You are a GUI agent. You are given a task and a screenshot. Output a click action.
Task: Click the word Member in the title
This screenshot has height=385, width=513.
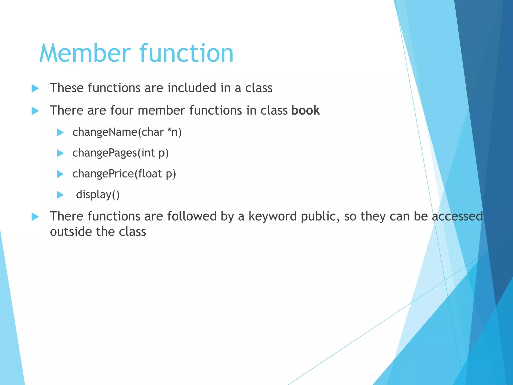pos(85,53)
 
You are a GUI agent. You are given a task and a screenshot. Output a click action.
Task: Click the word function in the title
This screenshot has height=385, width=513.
pos(186,53)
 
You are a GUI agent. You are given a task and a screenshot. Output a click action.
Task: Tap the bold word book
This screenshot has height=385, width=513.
pos(306,111)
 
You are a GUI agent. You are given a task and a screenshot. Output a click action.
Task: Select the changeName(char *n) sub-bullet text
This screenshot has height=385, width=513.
pos(127,132)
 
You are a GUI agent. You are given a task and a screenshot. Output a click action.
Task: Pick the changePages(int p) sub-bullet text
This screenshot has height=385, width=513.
pos(120,153)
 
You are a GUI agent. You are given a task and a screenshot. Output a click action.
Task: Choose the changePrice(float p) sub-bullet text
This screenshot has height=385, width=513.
pos(124,174)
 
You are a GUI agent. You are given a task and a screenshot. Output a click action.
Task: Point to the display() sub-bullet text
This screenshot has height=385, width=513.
pos(98,195)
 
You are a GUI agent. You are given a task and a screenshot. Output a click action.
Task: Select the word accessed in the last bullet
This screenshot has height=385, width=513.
pos(457,216)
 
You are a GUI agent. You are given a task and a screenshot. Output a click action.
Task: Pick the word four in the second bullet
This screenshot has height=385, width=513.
pos(122,111)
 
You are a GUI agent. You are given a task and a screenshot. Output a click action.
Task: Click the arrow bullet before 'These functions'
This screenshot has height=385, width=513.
pos(35,88)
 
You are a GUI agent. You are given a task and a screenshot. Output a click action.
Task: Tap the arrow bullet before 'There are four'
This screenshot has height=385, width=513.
pos(35,111)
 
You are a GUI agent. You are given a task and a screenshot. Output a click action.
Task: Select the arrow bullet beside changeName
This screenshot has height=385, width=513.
pos(60,132)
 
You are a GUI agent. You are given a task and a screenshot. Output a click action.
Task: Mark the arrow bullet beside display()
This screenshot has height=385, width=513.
pos(60,195)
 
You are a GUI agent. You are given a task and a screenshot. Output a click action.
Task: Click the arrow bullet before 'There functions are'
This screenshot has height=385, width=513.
pos(35,217)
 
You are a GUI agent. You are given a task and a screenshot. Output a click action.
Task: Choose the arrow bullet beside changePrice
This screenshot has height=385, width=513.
pos(60,174)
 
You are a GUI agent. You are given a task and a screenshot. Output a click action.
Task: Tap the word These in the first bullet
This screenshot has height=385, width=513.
pos(67,88)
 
